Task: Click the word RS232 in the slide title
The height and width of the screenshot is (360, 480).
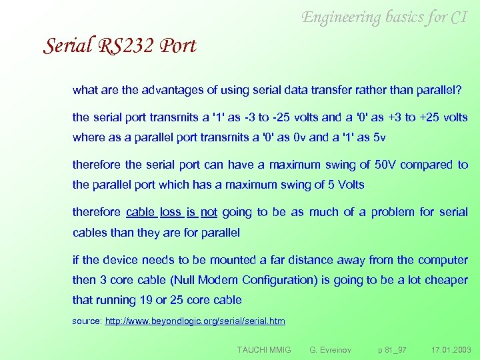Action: point(120,46)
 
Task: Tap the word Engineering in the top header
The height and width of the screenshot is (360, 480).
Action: point(341,17)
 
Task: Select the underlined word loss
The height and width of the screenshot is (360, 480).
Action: point(171,213)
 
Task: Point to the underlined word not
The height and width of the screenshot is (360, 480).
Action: point(209,213)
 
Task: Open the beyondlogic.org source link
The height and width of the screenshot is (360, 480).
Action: point(195,321)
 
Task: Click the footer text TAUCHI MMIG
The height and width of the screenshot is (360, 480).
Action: point(264,349)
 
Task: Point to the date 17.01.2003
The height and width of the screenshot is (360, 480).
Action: point(451,349)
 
